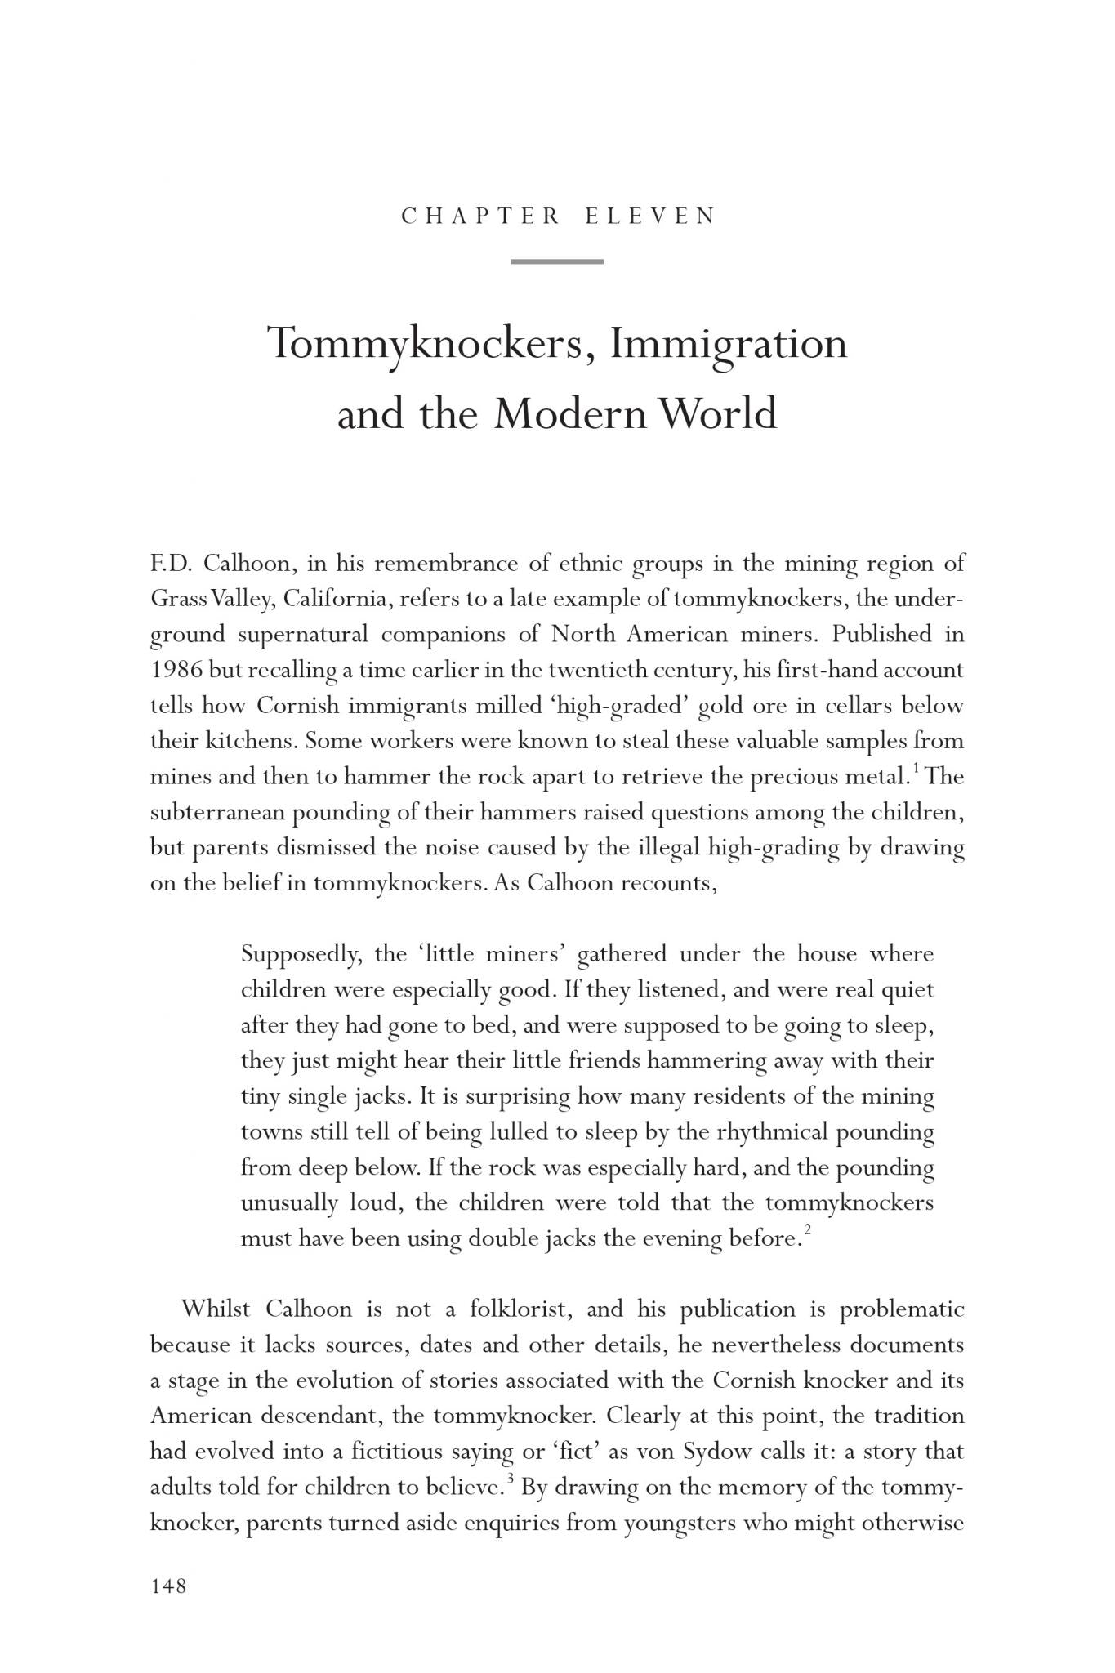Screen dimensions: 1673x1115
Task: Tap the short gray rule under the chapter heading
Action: coord(557,261)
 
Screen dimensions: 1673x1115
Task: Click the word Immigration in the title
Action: coord(729,344)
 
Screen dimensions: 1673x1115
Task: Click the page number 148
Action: coord(169,1586)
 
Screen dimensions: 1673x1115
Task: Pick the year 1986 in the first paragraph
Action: coord(176,671)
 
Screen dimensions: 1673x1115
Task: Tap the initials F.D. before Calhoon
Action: coord(170,564)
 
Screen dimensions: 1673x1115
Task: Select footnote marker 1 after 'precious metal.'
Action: coord(916,768)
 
